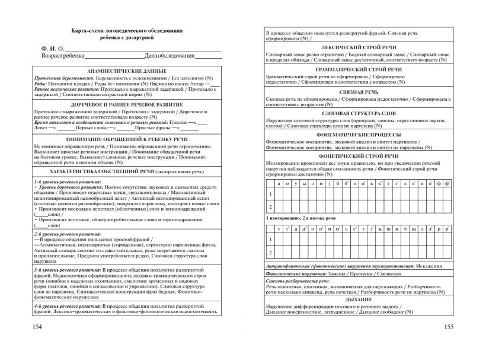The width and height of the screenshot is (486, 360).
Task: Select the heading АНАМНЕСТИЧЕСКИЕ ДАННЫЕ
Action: tap(127, 71)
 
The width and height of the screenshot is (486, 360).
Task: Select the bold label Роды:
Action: tap(41, 84)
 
